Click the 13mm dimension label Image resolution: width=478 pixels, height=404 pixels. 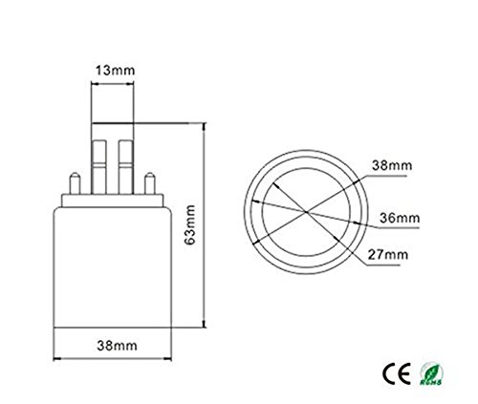click(x=113, y=69)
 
